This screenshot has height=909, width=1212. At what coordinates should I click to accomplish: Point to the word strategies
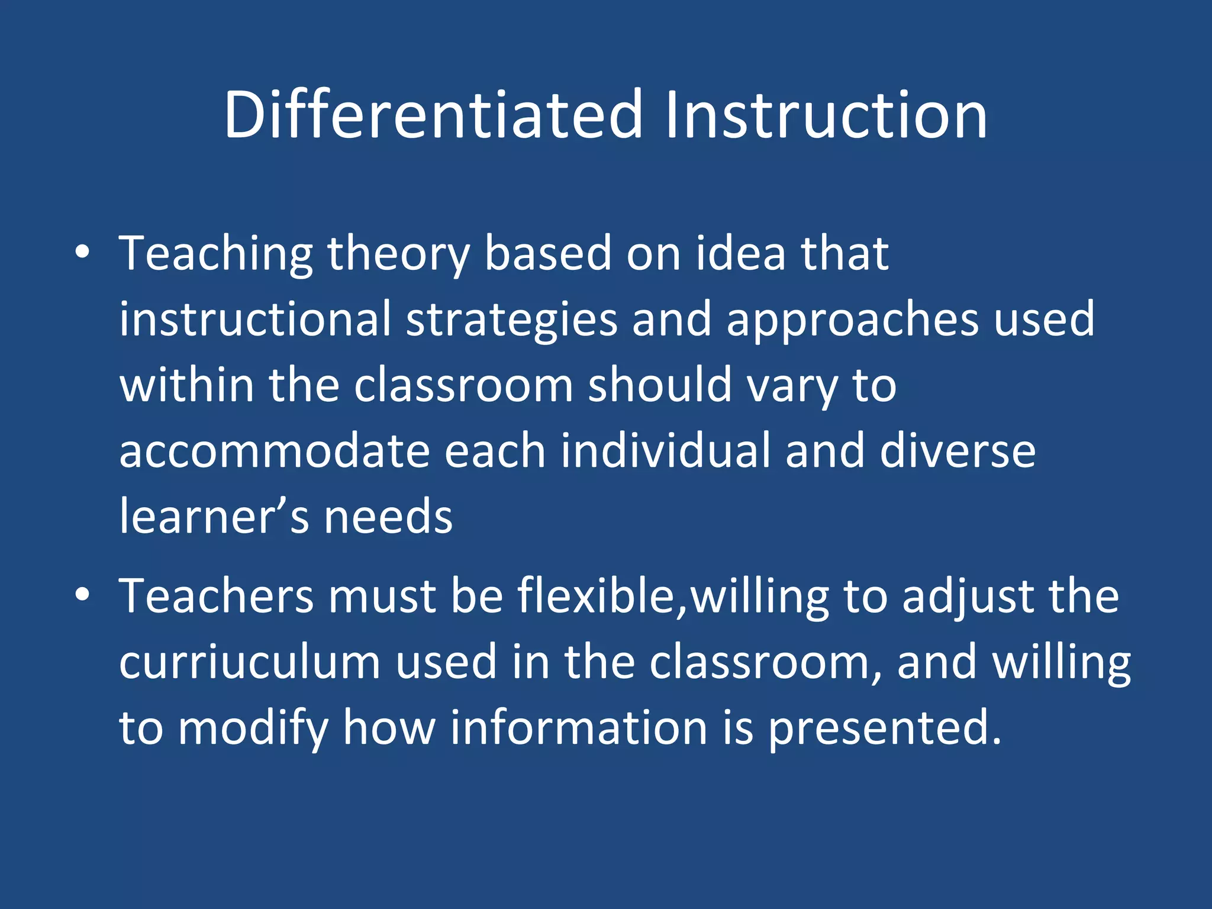click(511, 320)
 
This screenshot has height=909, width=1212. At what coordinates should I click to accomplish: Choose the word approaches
click(852, 320)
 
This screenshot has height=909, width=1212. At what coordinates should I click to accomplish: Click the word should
click(659, 385)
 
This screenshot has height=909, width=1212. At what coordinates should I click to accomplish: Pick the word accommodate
click(274, 451)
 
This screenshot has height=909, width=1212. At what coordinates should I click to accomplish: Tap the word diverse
click(958, 451)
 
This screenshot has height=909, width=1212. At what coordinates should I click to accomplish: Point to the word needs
click(388, 517)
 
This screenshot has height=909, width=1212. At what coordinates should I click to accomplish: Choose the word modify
click(253, 728)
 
